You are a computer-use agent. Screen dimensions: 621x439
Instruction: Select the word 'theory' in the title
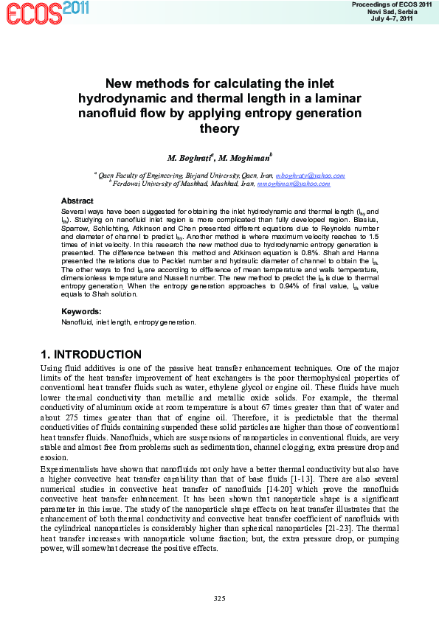coord(219,129)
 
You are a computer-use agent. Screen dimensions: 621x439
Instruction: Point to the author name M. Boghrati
coord(190,158)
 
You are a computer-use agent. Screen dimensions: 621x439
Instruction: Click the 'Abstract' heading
coord(77,201)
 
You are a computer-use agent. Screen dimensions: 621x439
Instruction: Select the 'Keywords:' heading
coord(80,311)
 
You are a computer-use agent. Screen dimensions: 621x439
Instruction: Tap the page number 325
coord(219,597)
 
